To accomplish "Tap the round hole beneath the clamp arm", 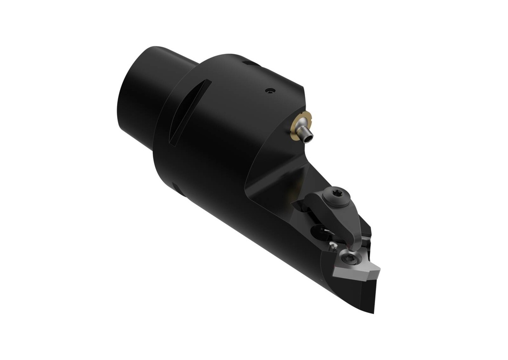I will (x=317, y=230).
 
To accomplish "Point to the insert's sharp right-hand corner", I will (x=380, y=269).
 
